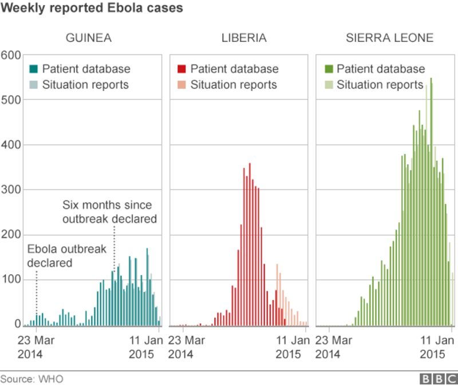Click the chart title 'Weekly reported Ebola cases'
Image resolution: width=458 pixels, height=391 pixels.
(x=92, y=8)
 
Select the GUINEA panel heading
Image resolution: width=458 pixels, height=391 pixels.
(x=88, y=38)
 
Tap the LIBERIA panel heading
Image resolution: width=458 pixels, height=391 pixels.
(x=244, y=38)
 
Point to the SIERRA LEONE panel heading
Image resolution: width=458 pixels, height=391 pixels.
(x=389, y=38)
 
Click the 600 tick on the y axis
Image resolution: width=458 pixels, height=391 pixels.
(x=11, y=55)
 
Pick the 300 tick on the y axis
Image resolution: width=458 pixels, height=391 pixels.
(x=11, y=189)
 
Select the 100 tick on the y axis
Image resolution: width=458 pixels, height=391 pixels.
(x=11, y=279)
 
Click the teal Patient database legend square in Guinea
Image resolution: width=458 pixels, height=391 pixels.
(x=34, y=69)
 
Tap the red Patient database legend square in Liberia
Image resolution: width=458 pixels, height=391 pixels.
(x=181, y=69)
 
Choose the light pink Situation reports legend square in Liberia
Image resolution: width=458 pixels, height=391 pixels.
(x=181, y=85)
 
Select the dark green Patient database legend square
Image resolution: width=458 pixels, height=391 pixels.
(x=328, y=69)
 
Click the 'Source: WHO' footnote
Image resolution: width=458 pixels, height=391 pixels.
(x=32, y=379)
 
